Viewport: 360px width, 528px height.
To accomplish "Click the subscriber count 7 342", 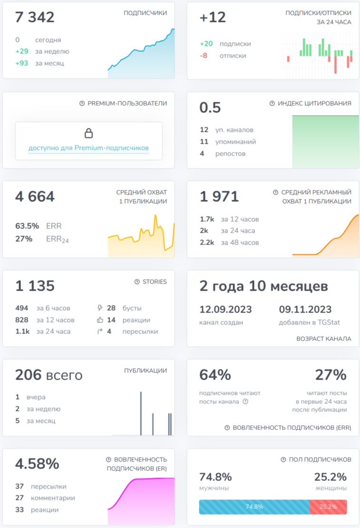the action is (35, 17).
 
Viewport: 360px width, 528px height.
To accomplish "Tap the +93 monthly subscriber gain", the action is (22, 63).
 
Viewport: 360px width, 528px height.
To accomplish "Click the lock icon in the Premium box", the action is (88, 133).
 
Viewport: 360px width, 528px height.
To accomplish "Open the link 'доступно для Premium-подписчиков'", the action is (88, 148).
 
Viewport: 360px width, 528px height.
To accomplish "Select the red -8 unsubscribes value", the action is (204, 56).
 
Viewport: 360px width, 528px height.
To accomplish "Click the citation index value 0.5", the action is (210, 108).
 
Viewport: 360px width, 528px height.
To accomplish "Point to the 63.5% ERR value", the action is (27, 225).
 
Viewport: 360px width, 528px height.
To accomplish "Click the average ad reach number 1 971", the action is (219, 196).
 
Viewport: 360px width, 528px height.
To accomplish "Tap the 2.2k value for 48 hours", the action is (207, 243).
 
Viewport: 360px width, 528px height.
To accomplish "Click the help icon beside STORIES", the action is (137, 282).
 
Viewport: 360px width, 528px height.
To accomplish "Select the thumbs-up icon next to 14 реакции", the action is (100, 320).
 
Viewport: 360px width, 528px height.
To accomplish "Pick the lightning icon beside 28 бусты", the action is (100, 308).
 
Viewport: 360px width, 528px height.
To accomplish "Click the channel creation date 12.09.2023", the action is (225, 309).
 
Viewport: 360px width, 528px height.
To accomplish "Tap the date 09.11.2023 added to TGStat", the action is (305, 309).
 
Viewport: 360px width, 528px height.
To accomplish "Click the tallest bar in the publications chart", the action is (141, 413).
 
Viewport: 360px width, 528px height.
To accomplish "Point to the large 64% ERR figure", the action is (215, 375).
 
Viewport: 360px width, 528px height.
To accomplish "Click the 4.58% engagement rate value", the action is (37, 464).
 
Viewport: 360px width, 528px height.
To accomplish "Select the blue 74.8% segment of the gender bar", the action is (254, 507).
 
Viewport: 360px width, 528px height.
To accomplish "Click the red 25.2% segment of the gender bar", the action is (328, 507).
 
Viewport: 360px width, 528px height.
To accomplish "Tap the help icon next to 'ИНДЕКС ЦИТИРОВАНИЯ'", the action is (272, 103).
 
